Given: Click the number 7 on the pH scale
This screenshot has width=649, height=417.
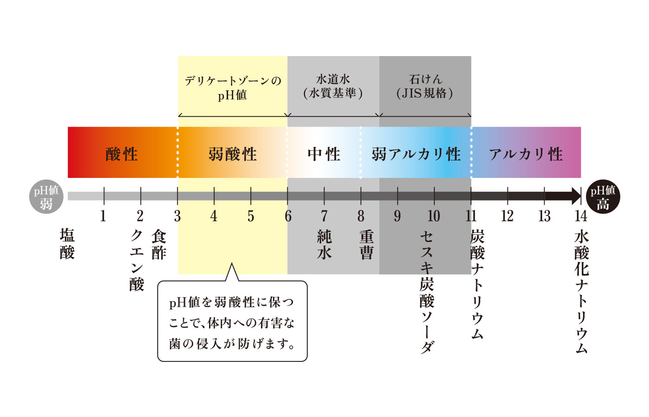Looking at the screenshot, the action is coord(324,216).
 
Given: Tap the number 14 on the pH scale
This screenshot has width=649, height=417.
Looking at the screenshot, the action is coord(581,216).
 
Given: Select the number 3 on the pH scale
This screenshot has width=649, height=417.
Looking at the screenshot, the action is coord(177,216).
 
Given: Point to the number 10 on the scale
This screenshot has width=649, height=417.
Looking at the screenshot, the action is coord(434,216).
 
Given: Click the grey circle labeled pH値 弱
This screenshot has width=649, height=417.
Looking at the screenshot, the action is coord(46,196).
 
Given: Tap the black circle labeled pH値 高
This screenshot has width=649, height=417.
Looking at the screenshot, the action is coord(603,196).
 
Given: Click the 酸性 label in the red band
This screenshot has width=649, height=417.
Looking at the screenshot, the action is coord(121,154).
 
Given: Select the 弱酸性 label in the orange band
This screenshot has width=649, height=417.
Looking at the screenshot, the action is coord(233,154).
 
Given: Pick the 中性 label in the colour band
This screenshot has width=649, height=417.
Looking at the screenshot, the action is coord(324,154).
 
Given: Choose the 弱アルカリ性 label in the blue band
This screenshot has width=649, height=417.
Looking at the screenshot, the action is coord(416,154).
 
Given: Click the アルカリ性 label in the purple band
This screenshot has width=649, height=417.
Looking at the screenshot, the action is coord(526,154).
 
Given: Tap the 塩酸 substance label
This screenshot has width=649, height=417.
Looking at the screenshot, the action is coord(67,244).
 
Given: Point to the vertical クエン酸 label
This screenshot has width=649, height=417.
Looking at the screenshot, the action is coord(137,260).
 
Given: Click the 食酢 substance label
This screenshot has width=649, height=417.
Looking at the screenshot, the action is coord(159,245).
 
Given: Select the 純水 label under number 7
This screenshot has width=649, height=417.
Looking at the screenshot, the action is coord(324,245).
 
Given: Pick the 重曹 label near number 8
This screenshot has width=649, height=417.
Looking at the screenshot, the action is coord(367,245).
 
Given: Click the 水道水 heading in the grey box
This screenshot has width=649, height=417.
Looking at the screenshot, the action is coord(333,79).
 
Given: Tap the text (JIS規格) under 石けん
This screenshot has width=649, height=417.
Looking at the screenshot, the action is coord(425,94).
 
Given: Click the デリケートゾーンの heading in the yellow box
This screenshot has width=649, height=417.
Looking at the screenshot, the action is coord(233,81).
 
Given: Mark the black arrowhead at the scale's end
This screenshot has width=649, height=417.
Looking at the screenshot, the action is coord(576,196).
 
